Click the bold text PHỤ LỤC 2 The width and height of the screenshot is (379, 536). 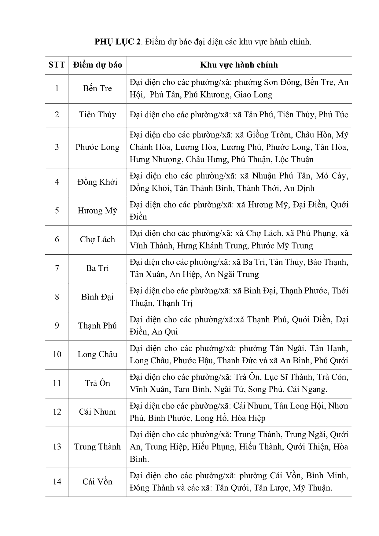pyautogui.click(x=118, y=42)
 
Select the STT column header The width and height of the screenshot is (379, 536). pyautogui.click(x=57, y=65)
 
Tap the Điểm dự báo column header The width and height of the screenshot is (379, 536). pyautogui.click(x=98, y=65)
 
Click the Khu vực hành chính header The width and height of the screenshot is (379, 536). pyautogui.click(x=239, y=65)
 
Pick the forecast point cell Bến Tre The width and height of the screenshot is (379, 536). pyautogui.click(x=98, y=88)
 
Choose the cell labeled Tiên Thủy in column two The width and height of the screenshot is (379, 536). pyautogui.click(x=98, y=115)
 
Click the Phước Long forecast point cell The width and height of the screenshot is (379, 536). pyautogui.click(x=98, y=147)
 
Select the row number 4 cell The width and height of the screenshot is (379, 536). pyautogui.click(x=57, y=182)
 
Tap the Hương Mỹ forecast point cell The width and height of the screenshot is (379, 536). pyautogui.click(x=98, y=211)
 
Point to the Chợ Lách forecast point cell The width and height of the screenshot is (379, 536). pyautogui.click(x=98, y=239)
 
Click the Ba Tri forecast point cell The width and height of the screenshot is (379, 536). pyautogui.click(x=98, y=268)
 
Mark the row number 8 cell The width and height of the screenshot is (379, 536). pyautogui.click(x=57, y=297)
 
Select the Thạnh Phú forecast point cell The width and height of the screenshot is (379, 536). pyautogui.click(x=98, y=325)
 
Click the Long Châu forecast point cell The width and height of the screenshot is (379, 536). pyautogui.click(x=98, y=354)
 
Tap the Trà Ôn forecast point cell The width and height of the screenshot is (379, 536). pyautogui.click(x=98, y=383)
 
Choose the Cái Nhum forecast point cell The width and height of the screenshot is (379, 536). pyautogui.click(x=98, y=412)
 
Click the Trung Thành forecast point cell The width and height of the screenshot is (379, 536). pyautogui.click(x=98, y=446)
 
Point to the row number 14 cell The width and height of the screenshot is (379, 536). pyautogui.click(x=57, y=481)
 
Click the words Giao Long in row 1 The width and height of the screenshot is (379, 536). pyautogui.click(x=253, y=95)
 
